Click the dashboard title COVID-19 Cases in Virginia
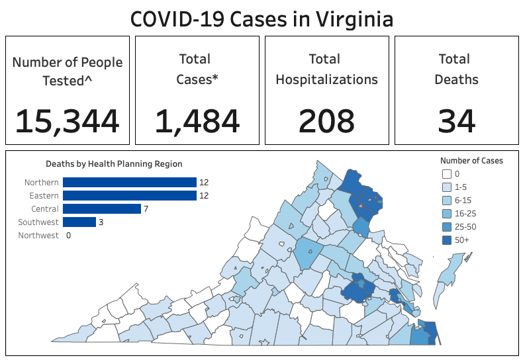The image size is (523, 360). point(261,19)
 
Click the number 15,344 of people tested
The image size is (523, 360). point(67,121)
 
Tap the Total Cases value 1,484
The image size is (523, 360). point(197,121)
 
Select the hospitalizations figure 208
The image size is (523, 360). point(326,121)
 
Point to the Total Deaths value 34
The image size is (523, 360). point(456,121)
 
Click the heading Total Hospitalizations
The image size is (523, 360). point(326,69)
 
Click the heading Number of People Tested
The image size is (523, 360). point(67,71)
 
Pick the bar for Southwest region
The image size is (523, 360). point(79,222)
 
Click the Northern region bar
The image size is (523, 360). point(129,183)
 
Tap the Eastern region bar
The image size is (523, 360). point(129,196)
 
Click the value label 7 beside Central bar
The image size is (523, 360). point(146,209)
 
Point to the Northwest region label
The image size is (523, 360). point(38,235)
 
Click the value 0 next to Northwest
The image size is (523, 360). point(68,235)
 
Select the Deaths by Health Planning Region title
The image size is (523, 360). point(114,163)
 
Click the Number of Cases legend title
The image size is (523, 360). point(471,161)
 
